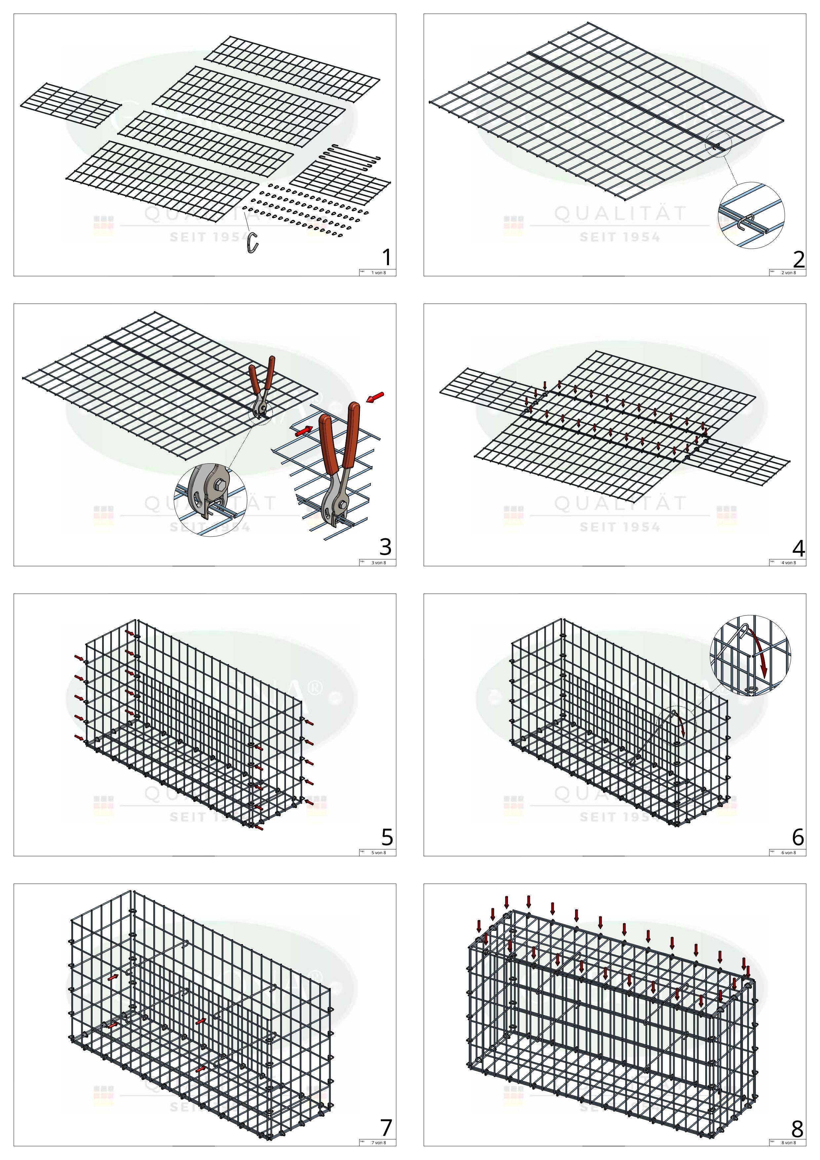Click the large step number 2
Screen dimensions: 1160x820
click(798, 259)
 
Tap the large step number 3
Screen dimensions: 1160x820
click(385, 547)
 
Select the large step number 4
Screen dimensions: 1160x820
click(798, 548)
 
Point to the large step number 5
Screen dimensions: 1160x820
click(387, 837)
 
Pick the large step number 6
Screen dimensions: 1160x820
click(798, 837)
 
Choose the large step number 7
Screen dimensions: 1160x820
click(386, 1128)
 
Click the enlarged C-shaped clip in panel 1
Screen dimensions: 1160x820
click(253, 242)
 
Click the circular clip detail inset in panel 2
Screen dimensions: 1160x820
click(751, 215)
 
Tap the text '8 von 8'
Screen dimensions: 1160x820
click(788, 1143)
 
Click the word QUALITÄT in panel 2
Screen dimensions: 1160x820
click(621, 214)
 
